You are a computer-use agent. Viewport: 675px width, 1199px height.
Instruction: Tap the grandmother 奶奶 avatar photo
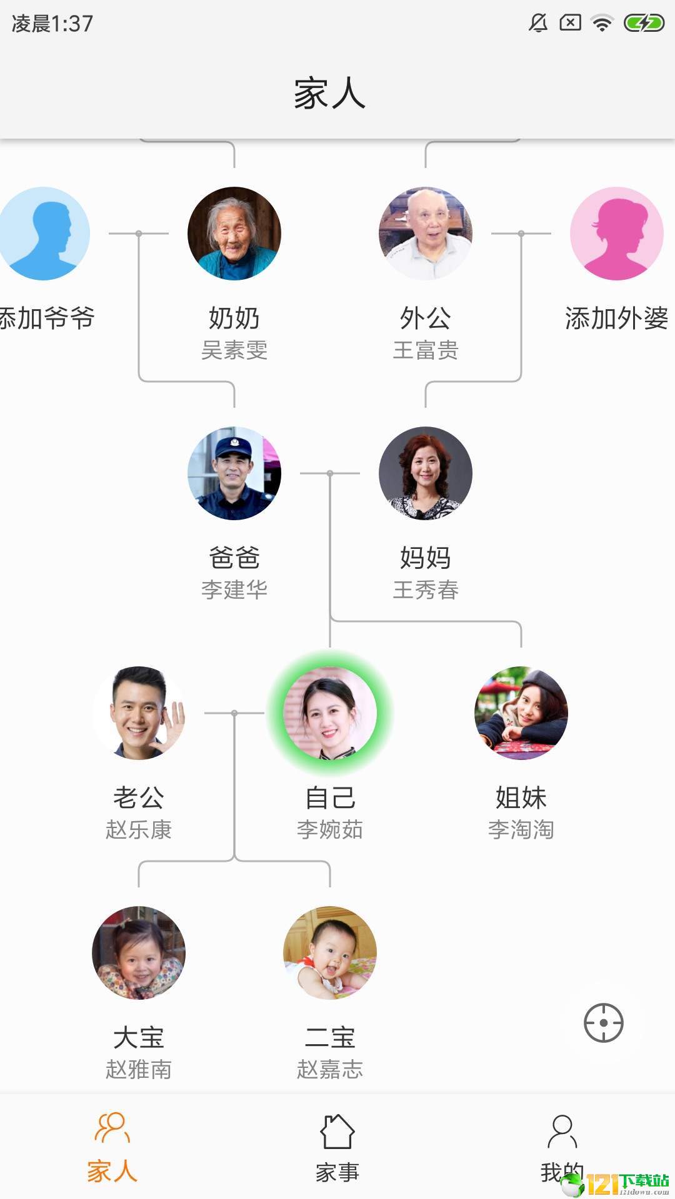pyautogui.click(x=234, y=234)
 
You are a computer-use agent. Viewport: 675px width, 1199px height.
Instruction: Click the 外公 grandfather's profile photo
pyautogui.click(x=426, y=234)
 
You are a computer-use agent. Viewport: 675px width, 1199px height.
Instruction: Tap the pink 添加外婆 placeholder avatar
pyautogui.click(x=617, y=234)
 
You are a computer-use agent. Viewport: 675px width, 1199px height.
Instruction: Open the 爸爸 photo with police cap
pyautogui.click(x=234, y=473)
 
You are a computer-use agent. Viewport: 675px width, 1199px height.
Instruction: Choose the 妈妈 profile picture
pyautogui.click(x=426, y=473)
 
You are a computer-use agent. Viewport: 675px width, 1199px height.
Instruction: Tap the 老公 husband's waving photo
pyautogui.click(x=139, y=713)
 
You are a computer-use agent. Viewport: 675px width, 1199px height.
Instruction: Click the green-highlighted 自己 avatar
pyautogui.click(x=330, y=713)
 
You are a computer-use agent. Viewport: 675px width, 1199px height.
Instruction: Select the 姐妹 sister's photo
pyautogui.click(x=521, y=713)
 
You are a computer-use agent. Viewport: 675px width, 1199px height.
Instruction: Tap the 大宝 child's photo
pyautogui.click(x=139, y=953)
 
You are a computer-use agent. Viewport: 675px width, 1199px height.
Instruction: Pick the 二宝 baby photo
pyautogui.click(x=330, y=953)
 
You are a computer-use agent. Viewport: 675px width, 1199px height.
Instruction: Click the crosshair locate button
pyautogui.click(x=604, y=1023)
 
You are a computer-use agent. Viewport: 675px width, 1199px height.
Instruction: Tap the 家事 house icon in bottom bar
pyautogui.click(x=337, y=1132)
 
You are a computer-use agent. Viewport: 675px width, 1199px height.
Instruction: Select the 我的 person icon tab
pyautogui.click(x=562, y=1132)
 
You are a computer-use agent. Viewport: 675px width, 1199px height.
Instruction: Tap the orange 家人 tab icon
pyautogui.click(x=112, y=1128)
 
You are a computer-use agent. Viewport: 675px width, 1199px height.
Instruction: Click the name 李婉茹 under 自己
pyautogui.click(x=330, y=830)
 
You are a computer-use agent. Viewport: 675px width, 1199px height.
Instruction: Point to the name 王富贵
pyautogui.click(x=426, y=350)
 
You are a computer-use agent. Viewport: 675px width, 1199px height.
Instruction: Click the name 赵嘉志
pyautogui.click(x=330, y=1070)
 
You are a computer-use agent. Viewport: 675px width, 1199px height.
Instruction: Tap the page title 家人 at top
pyautogui.click(x=330, y=94)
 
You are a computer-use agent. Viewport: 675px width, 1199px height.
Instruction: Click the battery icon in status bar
pyautogui.click(x=644, y=24)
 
